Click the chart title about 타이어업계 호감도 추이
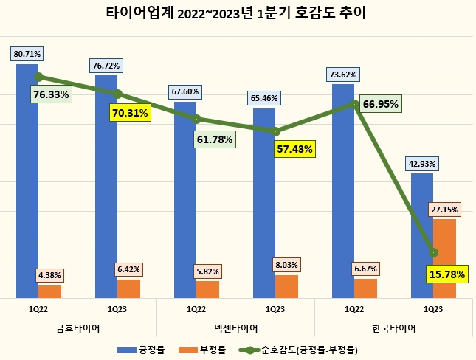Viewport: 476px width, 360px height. (238, 13)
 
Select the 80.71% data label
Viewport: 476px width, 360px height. (27, 54)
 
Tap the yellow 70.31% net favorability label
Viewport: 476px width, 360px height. (130, 113)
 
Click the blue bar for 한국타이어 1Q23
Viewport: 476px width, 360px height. (421, 235)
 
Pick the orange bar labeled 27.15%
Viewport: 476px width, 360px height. (444, 258)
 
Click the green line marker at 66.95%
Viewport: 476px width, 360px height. (355, 104)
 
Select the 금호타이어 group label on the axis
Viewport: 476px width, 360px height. (78, 327)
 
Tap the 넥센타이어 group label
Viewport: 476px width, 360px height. (236, 327)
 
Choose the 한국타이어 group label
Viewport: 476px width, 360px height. (394, 327)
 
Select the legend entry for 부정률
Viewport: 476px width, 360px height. (213, 349)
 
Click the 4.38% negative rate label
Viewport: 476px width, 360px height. (50, 276)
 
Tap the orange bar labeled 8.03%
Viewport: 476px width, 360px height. (286, 286)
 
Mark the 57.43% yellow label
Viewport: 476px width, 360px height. (294, 149)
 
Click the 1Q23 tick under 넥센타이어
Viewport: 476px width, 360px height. (275, 309)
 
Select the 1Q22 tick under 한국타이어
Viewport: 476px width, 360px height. (354, 309)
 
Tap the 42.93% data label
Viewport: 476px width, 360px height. (421, 163)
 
